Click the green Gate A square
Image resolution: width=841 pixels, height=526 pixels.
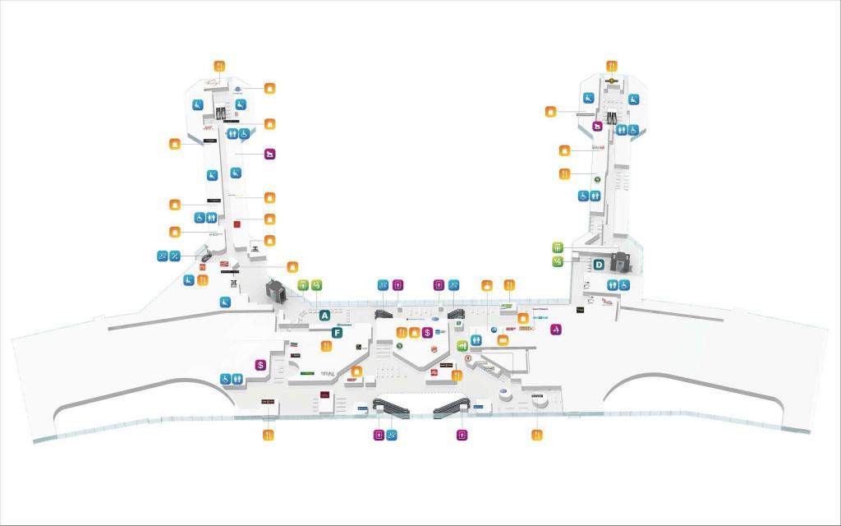click(x=324, y=315)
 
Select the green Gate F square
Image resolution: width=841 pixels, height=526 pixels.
click(x=337, y=332)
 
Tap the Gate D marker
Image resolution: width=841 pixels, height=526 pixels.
click(x=600, y=265)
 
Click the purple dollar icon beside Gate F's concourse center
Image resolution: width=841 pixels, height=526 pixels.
click(x=427, y=332)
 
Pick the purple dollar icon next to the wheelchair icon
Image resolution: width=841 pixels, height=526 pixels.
click(x=260, y=365)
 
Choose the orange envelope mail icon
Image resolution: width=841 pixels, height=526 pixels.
click(x=503, y=340)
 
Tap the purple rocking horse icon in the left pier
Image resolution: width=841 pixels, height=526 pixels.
click(x=269, y=153)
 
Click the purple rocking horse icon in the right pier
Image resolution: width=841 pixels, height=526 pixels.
click(x=598, y=126)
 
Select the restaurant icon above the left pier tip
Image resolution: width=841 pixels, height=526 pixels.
click(x=219, y=66)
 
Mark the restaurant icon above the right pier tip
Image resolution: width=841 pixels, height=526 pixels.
click(x=612, y=66)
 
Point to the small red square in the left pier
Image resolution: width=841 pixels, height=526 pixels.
click(x=236, y=224)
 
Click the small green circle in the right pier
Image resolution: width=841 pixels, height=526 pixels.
click(x=598, y=178)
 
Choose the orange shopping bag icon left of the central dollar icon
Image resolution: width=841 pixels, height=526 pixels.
click(x=415, y=332)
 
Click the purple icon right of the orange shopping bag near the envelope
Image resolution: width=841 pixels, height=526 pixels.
click(x=556, y=329)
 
